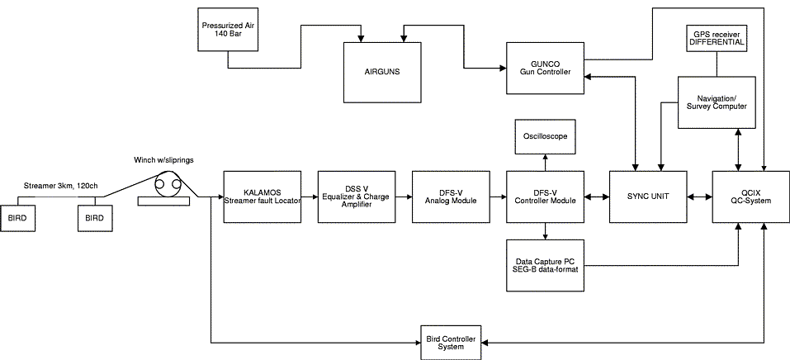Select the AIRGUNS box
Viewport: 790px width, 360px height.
coord(383,71)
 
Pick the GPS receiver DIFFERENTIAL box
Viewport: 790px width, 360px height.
coord(717,36)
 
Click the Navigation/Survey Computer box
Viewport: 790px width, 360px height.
coord(716,102)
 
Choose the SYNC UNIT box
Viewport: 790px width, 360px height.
coord(648,196)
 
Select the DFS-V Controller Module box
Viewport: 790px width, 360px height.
coord(544,196)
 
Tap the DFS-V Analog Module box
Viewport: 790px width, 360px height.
coord(451,196)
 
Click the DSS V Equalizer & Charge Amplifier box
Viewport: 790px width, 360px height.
coord(357,196)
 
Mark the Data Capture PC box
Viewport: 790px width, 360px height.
coord(544,265)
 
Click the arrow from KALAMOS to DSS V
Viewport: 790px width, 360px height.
coord(310,197)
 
